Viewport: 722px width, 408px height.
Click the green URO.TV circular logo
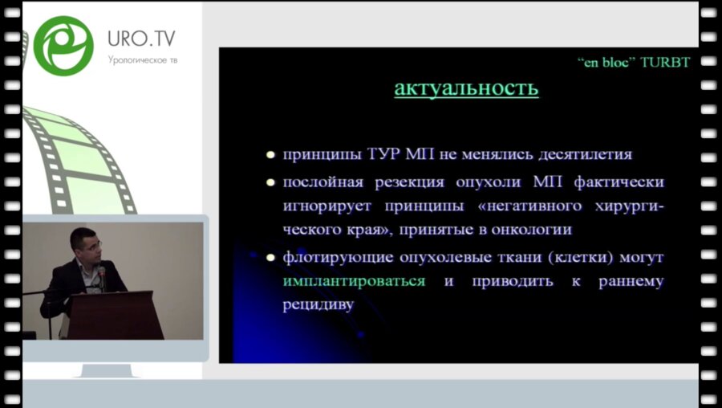pos(63,45)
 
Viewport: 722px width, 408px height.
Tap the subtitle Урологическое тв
pos(142,60)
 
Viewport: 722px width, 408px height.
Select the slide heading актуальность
pos(465,88)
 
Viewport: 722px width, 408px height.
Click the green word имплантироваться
pos(353,281)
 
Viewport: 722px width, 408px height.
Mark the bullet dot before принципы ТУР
pos(271,154)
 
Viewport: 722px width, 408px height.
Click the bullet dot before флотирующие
pos(271,258)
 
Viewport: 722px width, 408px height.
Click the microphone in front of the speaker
pos(102,275)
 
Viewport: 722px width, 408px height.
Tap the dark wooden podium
pos(116,314)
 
